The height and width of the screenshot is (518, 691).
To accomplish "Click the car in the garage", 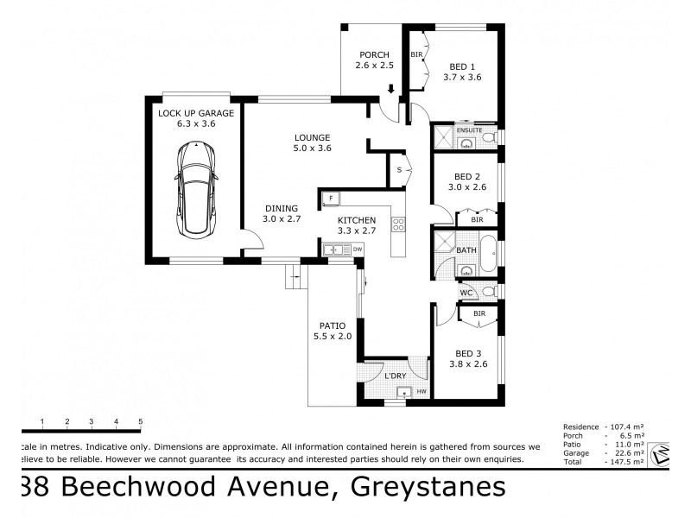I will (196, 191).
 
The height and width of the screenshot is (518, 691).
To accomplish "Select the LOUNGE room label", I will (313, 136).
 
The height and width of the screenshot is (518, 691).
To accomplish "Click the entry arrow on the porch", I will (391, 88).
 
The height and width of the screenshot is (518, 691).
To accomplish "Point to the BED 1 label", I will (462, 66).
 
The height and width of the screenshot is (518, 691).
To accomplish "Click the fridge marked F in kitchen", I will (329, 199).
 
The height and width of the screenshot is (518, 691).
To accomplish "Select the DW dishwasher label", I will (357, 250).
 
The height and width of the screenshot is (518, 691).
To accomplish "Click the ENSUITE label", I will (469, 129).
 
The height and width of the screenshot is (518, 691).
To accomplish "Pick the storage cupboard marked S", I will (398, 170).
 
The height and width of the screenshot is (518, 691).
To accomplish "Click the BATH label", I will (466, 250).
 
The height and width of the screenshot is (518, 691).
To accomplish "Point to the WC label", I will (466, 293).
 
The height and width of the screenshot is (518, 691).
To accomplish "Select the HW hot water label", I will (422, 392).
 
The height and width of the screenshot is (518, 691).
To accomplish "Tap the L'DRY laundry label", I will (395, 376).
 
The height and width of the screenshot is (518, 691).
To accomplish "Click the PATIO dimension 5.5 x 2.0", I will (333, 337).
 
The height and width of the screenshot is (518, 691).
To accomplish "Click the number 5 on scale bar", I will (140, 421).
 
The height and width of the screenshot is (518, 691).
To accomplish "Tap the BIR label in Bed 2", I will (477, 220).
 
